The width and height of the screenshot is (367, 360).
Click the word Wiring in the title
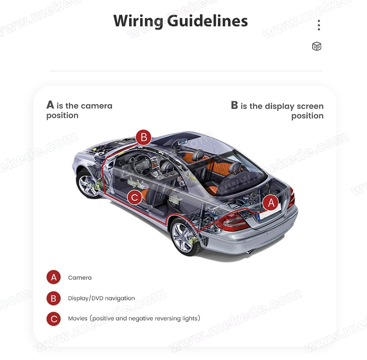(x=139, y=21)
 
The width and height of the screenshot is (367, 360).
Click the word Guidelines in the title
(x=207, y=21)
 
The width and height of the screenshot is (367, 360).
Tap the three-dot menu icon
(x=319, y=25)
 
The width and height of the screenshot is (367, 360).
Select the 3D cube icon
(x=316, y=46)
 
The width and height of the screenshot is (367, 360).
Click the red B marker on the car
(x=144, y=137)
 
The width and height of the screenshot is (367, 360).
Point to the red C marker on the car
(x=135, y=197)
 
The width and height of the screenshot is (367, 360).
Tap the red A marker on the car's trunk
(x=271, y=203)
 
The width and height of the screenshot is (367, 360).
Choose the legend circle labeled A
(x=54, y=277)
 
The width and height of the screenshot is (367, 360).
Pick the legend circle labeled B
(x=54, y=298)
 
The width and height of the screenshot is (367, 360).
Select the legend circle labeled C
(x=54, y=319)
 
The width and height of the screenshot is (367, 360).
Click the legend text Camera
(x=80, y=277)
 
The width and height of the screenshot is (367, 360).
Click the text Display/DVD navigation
(x=101, y=298)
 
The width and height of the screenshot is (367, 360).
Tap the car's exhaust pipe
(x=250, y=252)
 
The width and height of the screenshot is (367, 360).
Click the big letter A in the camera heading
(x=51, y=105)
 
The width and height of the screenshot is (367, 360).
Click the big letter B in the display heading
(x=234, y=105)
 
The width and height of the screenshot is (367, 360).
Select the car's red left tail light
(x=231, y=222)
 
